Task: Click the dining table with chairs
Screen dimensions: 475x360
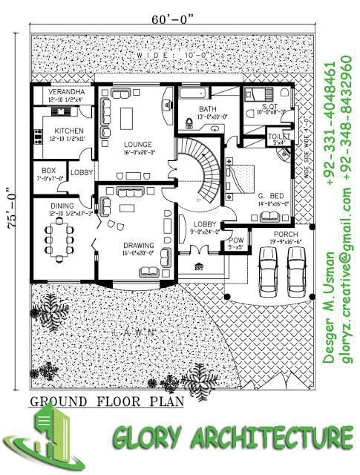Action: pyautogui.click(x=59, y=237)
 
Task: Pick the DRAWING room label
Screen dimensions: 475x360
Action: pyautogui.click(x=138, y=246)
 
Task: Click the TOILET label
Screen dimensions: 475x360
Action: pyautogui.click(x=279, y=137)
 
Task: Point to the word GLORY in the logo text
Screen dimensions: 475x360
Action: pyautogui.click(x=148, y=439)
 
